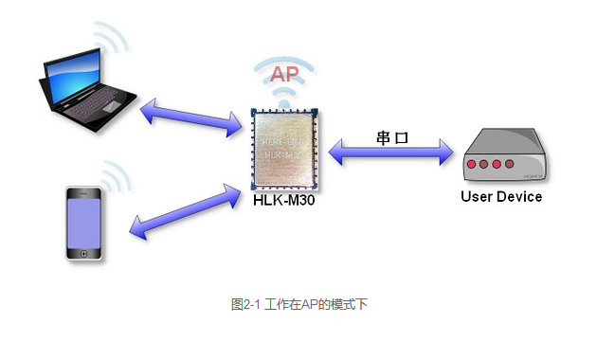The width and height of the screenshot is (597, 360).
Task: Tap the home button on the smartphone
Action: coord(83,253)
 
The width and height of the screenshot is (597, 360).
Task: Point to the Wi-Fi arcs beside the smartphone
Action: coord(115,176)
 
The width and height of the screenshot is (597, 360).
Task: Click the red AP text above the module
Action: coord(285,75)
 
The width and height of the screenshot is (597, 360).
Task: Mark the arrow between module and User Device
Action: coord(391,151)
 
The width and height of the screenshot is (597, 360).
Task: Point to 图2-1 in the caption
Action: coord(246,304)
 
